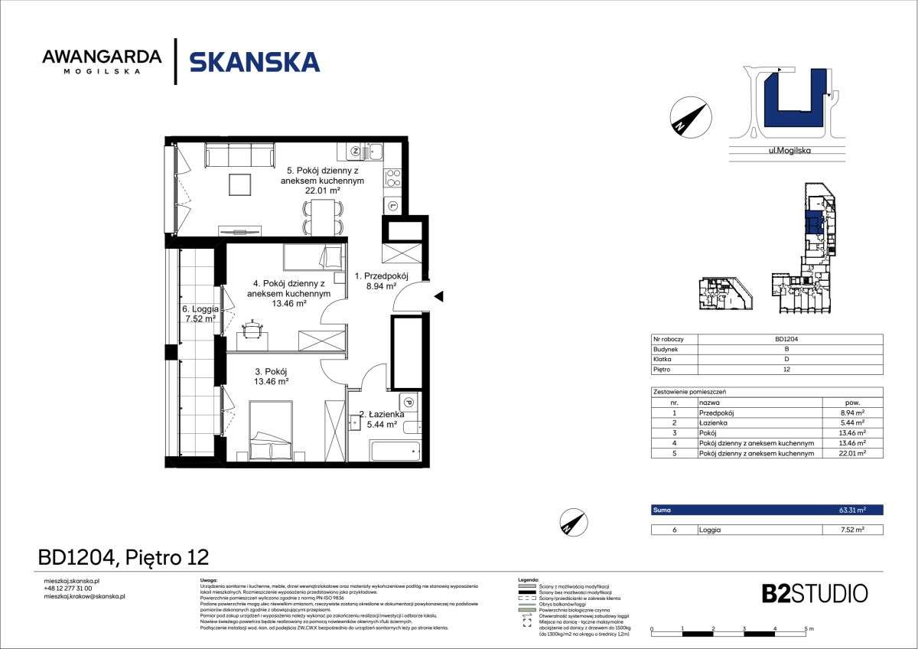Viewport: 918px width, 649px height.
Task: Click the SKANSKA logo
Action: point(254,61)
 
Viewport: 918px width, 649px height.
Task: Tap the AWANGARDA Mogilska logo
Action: point(102,61)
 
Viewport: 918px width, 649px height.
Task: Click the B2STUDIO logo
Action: point(815,593)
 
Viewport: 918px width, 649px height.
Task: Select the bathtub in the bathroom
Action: point(395,449)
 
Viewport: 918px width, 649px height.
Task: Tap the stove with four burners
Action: point(392,178)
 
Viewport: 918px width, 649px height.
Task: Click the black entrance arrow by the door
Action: point(438,296)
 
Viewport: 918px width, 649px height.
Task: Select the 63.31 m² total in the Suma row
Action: point(851,510)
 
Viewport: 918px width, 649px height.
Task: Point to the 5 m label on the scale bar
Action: point(809,628)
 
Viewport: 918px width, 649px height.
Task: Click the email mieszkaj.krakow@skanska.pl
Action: point(85,596)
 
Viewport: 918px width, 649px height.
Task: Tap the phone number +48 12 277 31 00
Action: point(68,589)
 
